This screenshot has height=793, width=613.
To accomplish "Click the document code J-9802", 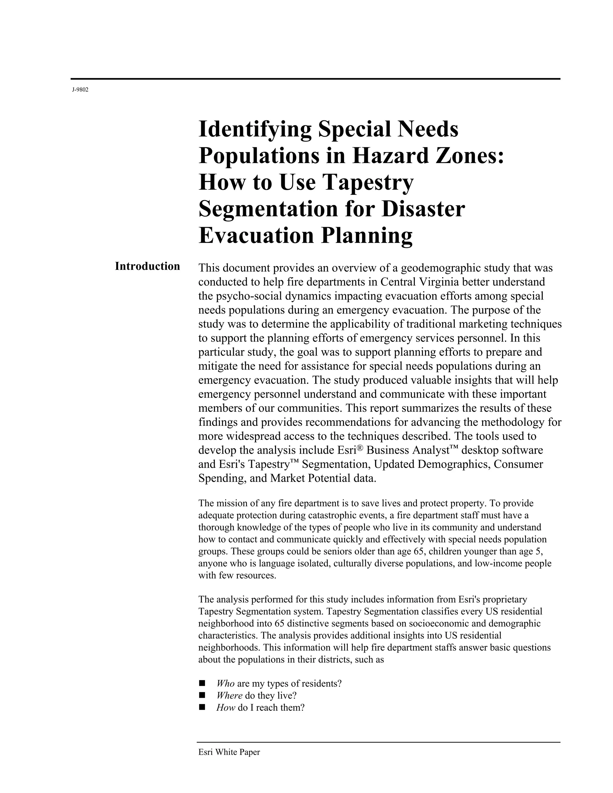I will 80,90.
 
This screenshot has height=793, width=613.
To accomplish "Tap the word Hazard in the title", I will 389,156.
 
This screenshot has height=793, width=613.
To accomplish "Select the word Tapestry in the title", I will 368,182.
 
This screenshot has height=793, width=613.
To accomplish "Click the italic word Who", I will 225,684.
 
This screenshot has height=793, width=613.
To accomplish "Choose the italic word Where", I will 229,696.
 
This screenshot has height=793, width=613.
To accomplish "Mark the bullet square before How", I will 202,707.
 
